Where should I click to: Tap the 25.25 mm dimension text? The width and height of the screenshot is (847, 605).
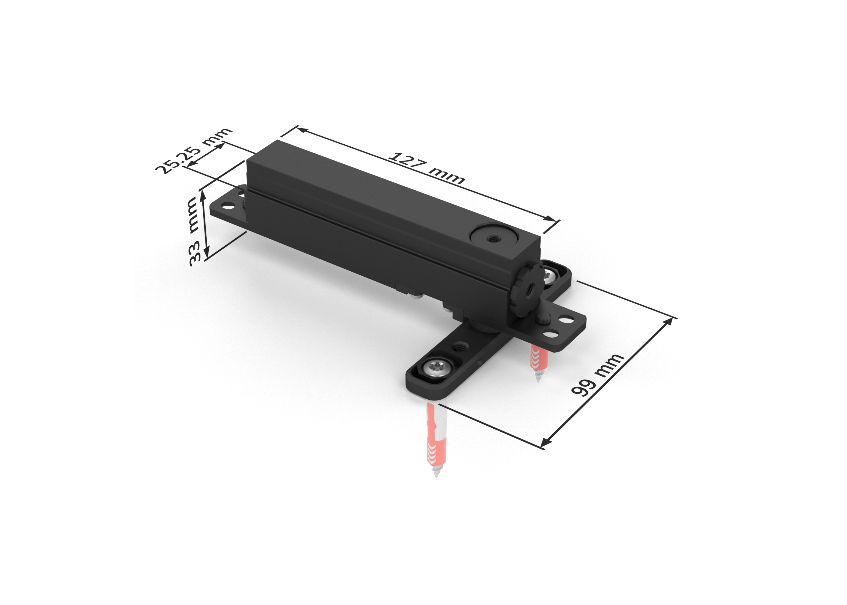click(x=193, y=151)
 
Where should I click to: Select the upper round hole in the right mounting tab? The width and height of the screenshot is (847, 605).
click(x=567, y=319)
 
